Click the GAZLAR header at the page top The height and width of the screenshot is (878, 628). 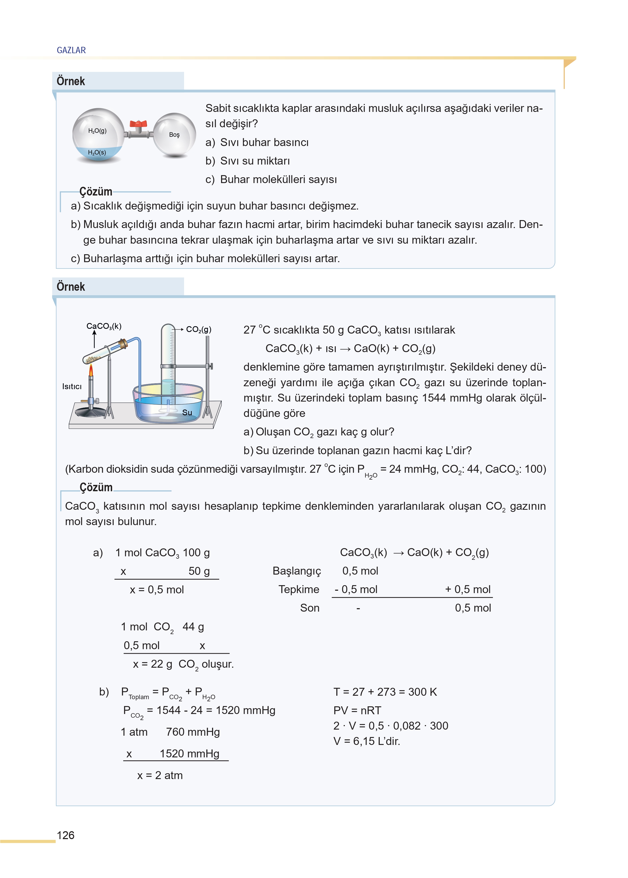[x=71, y=50]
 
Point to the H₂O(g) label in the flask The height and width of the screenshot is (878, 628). [x=97, y=131]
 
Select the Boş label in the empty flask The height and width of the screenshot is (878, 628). [x=174, y=135]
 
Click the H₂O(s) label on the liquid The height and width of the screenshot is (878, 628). [x=97, y=152]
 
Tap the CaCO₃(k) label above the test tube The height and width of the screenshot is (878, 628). [x=104, y=326]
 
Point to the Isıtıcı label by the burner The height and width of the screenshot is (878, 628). [x=72, y=386]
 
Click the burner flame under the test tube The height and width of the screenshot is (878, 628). [x=91, y=371]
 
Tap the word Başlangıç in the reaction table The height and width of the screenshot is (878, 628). [x=297, y=571]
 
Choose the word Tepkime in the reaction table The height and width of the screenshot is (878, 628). [x=299, y=589]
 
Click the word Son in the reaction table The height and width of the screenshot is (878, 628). [x=309, y=608]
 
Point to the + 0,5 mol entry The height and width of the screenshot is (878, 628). [x=467, y=589]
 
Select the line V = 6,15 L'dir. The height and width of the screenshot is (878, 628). [x=366, y=741]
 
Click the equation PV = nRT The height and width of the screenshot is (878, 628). [x=357, y=711]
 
